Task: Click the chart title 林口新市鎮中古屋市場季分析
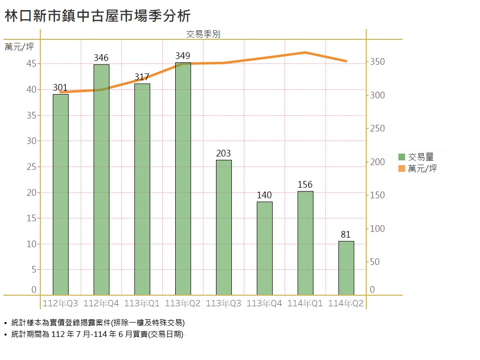tap(97, 16)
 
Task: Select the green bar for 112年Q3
tap(60, 194)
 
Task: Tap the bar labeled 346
tap(101, 180)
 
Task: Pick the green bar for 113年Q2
tap(183, 179)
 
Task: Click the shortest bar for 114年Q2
tap(346, 268)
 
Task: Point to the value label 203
tap(224, 154)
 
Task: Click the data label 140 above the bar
tap(264, 195)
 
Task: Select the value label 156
tap(305, 185)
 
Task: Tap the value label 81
tap(346, 235)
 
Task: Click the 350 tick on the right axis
tap(377, 62)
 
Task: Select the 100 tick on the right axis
tap(377, 229)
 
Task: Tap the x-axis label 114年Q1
tap(305, 304)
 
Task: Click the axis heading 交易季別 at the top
tap(203, 34)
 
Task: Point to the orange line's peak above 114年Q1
tap(306, 52)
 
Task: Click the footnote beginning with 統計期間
tap(97, 335)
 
